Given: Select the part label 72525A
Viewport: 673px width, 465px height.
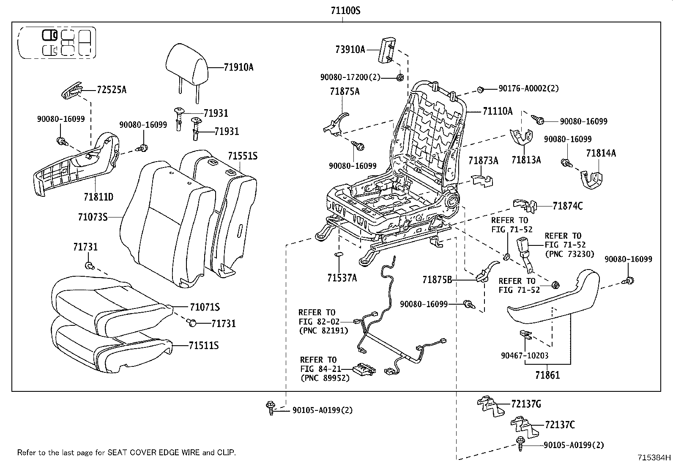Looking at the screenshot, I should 112,90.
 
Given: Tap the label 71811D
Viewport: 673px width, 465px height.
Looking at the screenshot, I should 98,197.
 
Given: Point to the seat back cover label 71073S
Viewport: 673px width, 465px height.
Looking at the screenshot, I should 93,217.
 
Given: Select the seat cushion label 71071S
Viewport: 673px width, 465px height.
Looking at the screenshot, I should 205,307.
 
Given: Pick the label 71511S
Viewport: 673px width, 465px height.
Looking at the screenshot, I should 204,346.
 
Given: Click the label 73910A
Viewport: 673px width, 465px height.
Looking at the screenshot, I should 350,50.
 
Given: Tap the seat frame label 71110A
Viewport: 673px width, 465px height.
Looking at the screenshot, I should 498,111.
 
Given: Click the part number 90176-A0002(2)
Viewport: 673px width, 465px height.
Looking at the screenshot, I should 528,88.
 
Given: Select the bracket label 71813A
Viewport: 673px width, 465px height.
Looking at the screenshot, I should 526,160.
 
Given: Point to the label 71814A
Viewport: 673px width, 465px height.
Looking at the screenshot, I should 601,153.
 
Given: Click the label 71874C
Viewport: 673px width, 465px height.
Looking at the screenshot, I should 567,206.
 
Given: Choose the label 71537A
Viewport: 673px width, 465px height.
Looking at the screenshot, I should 342,278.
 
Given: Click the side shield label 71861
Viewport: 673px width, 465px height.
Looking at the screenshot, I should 547,375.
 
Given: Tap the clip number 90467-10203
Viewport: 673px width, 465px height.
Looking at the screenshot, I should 525,356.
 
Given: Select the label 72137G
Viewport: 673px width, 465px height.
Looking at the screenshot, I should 525,404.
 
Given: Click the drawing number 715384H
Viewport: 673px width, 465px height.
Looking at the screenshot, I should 654,457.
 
